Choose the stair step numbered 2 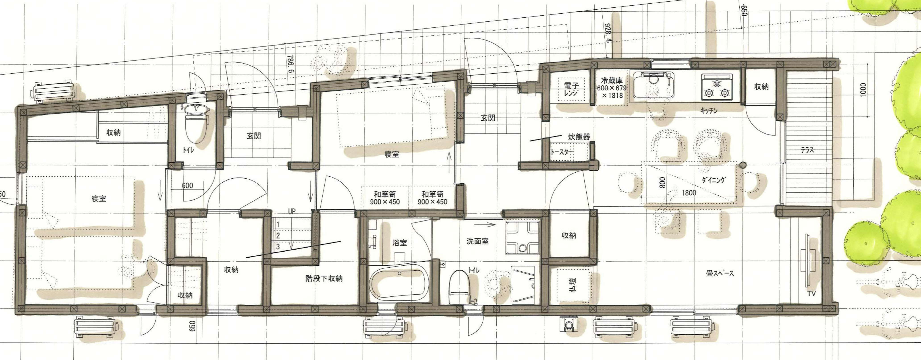[x=278, y=236]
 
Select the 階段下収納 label [x=324, y=278]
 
